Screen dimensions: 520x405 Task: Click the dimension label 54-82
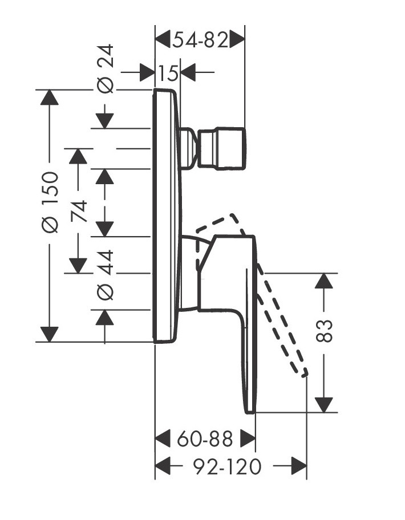click(x=200, y=40)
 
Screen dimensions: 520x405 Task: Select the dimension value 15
click(x=168, y=73)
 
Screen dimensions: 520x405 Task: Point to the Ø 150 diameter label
click(x=50, y=201)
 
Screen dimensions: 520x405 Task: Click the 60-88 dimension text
click(x=205, y=439)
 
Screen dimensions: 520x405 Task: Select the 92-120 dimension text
click(x=226, y=467)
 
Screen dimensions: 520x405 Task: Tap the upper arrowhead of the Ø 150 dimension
click(x=50, y=97)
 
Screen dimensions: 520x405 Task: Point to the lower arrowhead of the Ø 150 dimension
click(x=50, y=334)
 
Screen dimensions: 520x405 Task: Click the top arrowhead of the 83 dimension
click(x=324, y=281)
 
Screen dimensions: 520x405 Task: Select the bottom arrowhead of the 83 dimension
click(x=324, y=404)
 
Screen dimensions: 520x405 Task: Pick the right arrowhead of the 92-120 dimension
click(x=299, y=467)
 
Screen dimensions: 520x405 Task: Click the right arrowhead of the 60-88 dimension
click(x=247, y=439)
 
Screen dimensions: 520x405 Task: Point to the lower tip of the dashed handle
click(x=305, y=373)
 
